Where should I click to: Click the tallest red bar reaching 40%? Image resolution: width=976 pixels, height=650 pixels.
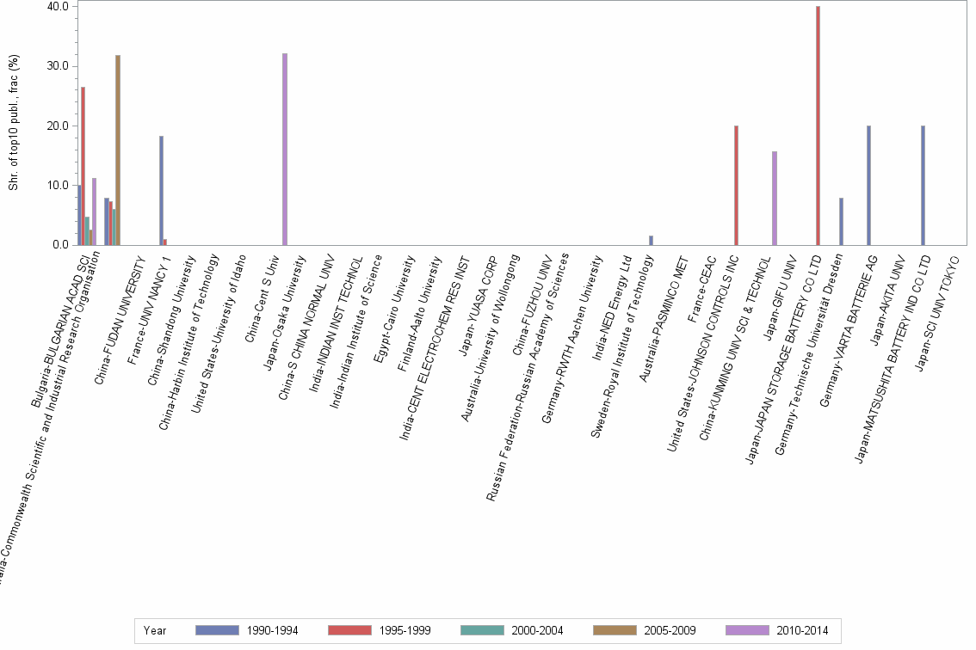[818, 126]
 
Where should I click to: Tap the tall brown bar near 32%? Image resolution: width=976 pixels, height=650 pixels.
[118, 150]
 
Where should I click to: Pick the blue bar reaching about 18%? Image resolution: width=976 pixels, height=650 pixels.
[161, 190]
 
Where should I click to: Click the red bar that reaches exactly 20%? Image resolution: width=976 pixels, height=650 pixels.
[737, 185]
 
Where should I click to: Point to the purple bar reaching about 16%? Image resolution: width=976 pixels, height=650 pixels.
[775, 198]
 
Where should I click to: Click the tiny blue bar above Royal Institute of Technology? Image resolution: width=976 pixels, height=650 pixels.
[652, 240]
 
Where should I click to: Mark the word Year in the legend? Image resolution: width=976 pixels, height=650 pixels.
[155, 630]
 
